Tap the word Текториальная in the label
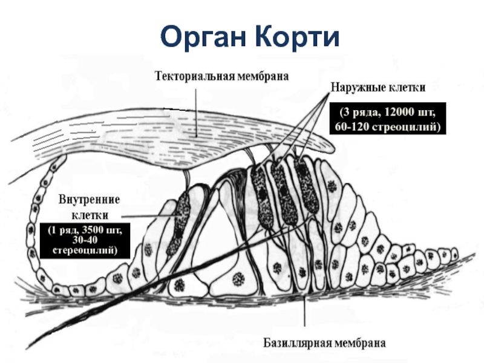[x=195, y=77]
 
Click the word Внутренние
[x=90, y=200]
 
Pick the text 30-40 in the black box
[x=85, y=240]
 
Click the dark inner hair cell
[x=179, y=221]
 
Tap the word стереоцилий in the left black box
[x=85, y=250]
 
